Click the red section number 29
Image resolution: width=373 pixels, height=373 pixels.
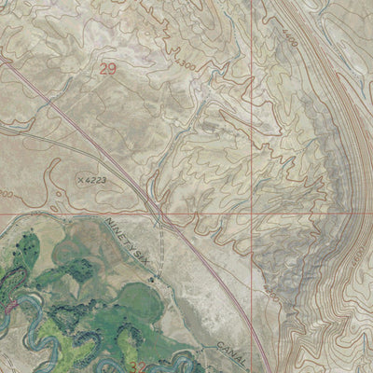108,68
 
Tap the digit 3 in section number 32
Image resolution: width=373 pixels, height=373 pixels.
142,366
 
